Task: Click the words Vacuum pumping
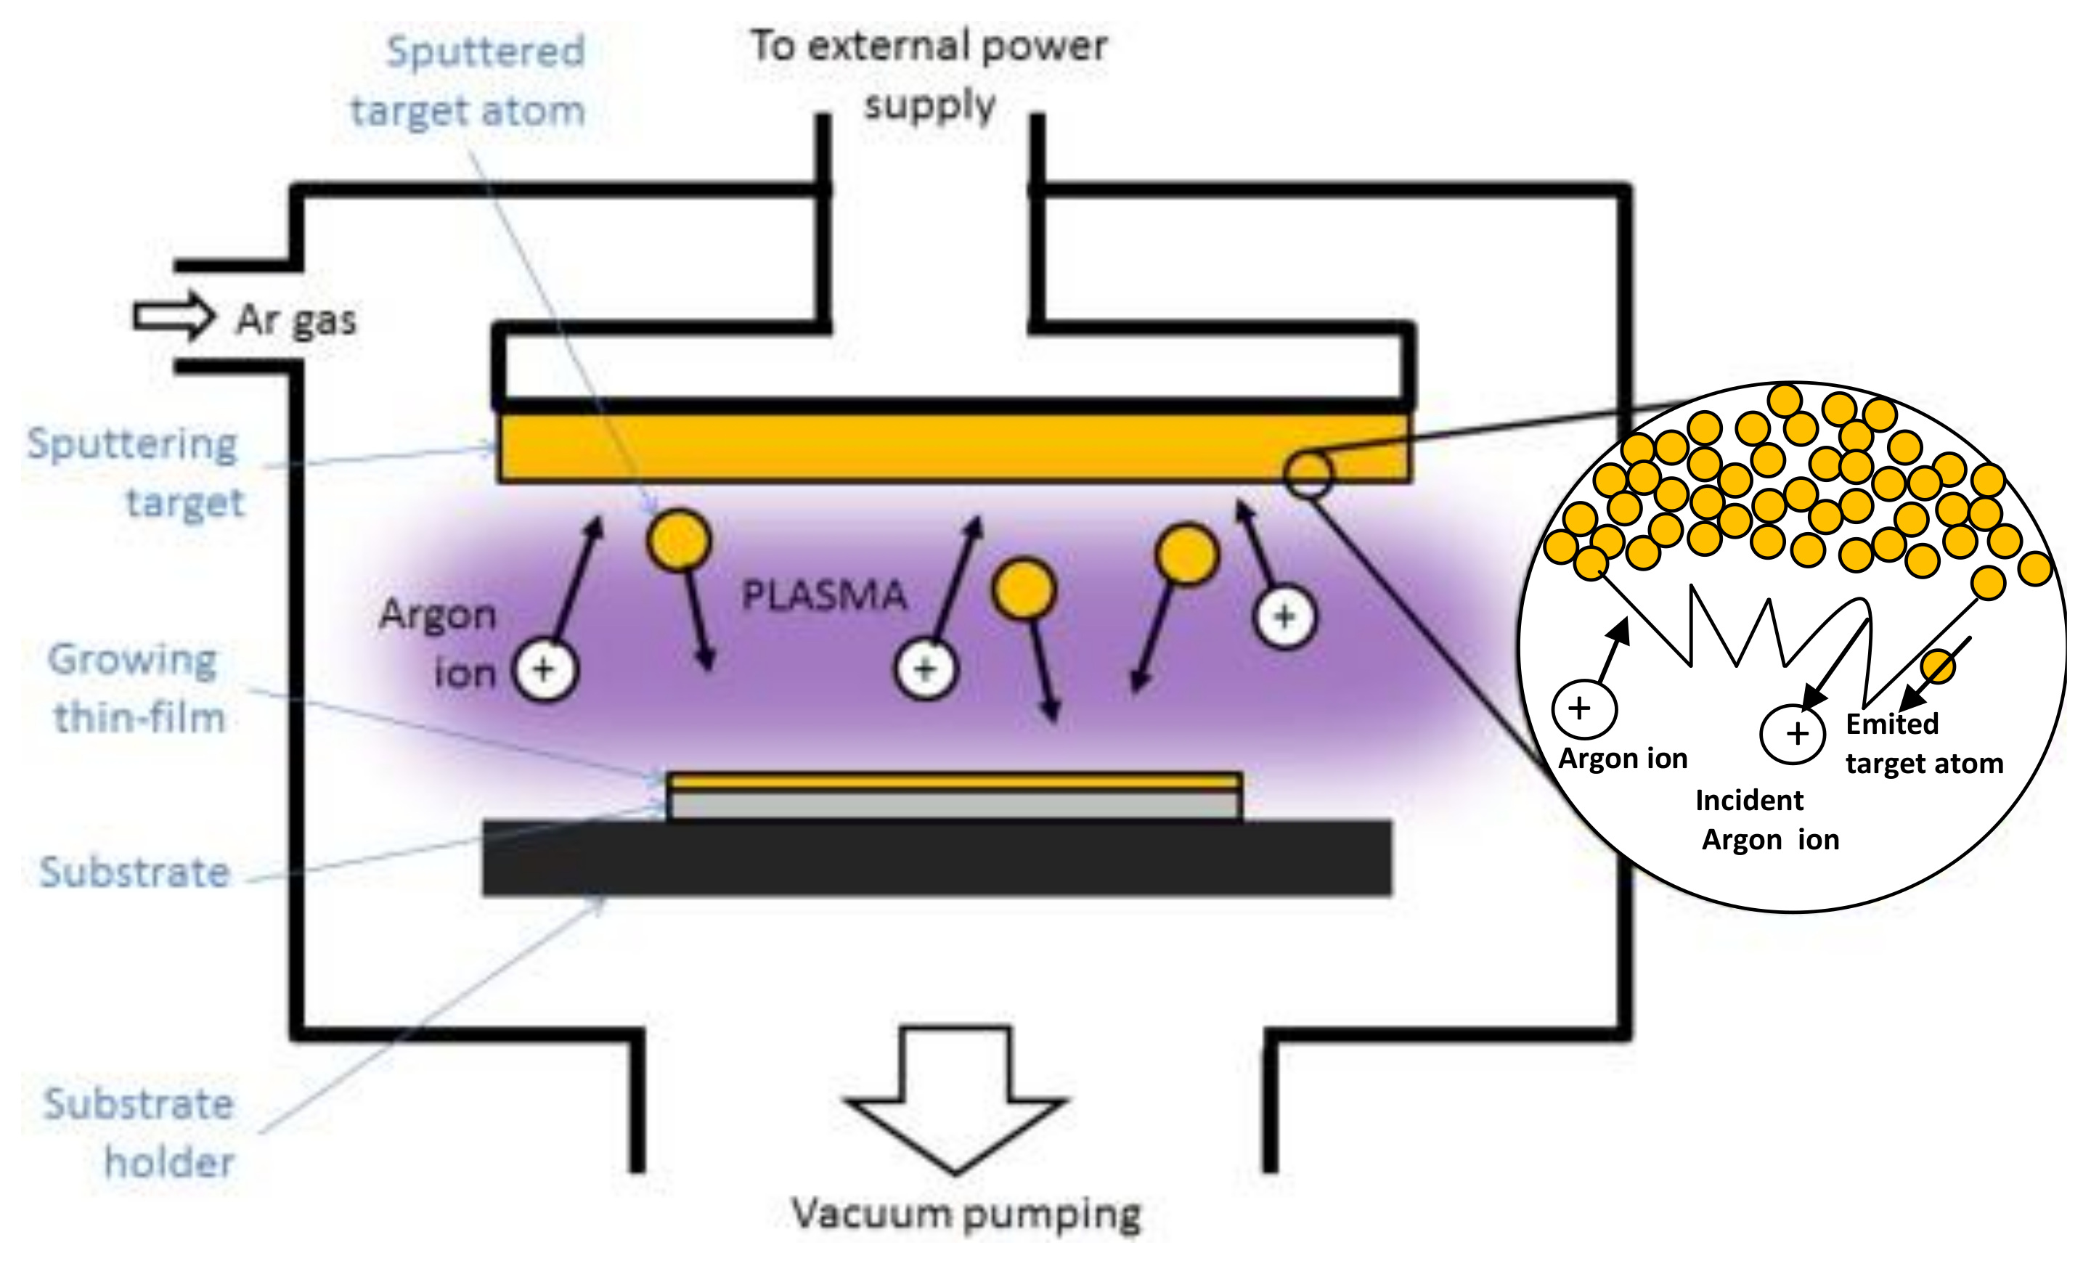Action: click(966, 1214)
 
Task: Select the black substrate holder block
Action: click(936, 857)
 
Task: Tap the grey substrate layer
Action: click(954, 804)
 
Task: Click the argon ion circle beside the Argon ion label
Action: click(545, 669)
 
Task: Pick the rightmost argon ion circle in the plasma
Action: click(1285, 617)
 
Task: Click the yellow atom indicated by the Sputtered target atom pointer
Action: click(678, 539)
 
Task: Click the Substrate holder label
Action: click(140, 1132)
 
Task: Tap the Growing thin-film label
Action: click(136, 687)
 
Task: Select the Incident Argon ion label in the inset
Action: click(1765, 820)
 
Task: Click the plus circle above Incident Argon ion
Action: click(1793, 734)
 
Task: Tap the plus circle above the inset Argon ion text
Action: click(1583, 708)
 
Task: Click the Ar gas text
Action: click(296, 320)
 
